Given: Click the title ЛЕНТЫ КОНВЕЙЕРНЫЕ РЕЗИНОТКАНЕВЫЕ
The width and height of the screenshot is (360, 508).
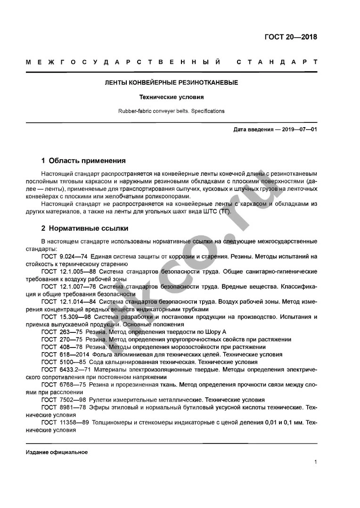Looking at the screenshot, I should [171, 82].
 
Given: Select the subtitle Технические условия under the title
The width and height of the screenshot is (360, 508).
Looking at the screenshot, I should [171, 97].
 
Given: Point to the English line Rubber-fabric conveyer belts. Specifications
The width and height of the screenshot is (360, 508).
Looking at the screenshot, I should [171, 112].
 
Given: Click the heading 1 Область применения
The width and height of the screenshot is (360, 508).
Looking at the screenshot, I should [83, 160].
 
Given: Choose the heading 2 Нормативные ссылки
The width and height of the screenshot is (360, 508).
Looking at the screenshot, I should [84, 228].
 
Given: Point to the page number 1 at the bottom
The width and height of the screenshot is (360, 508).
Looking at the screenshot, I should [315, 462].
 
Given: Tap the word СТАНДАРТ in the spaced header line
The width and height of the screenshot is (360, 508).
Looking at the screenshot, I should [277, 62].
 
